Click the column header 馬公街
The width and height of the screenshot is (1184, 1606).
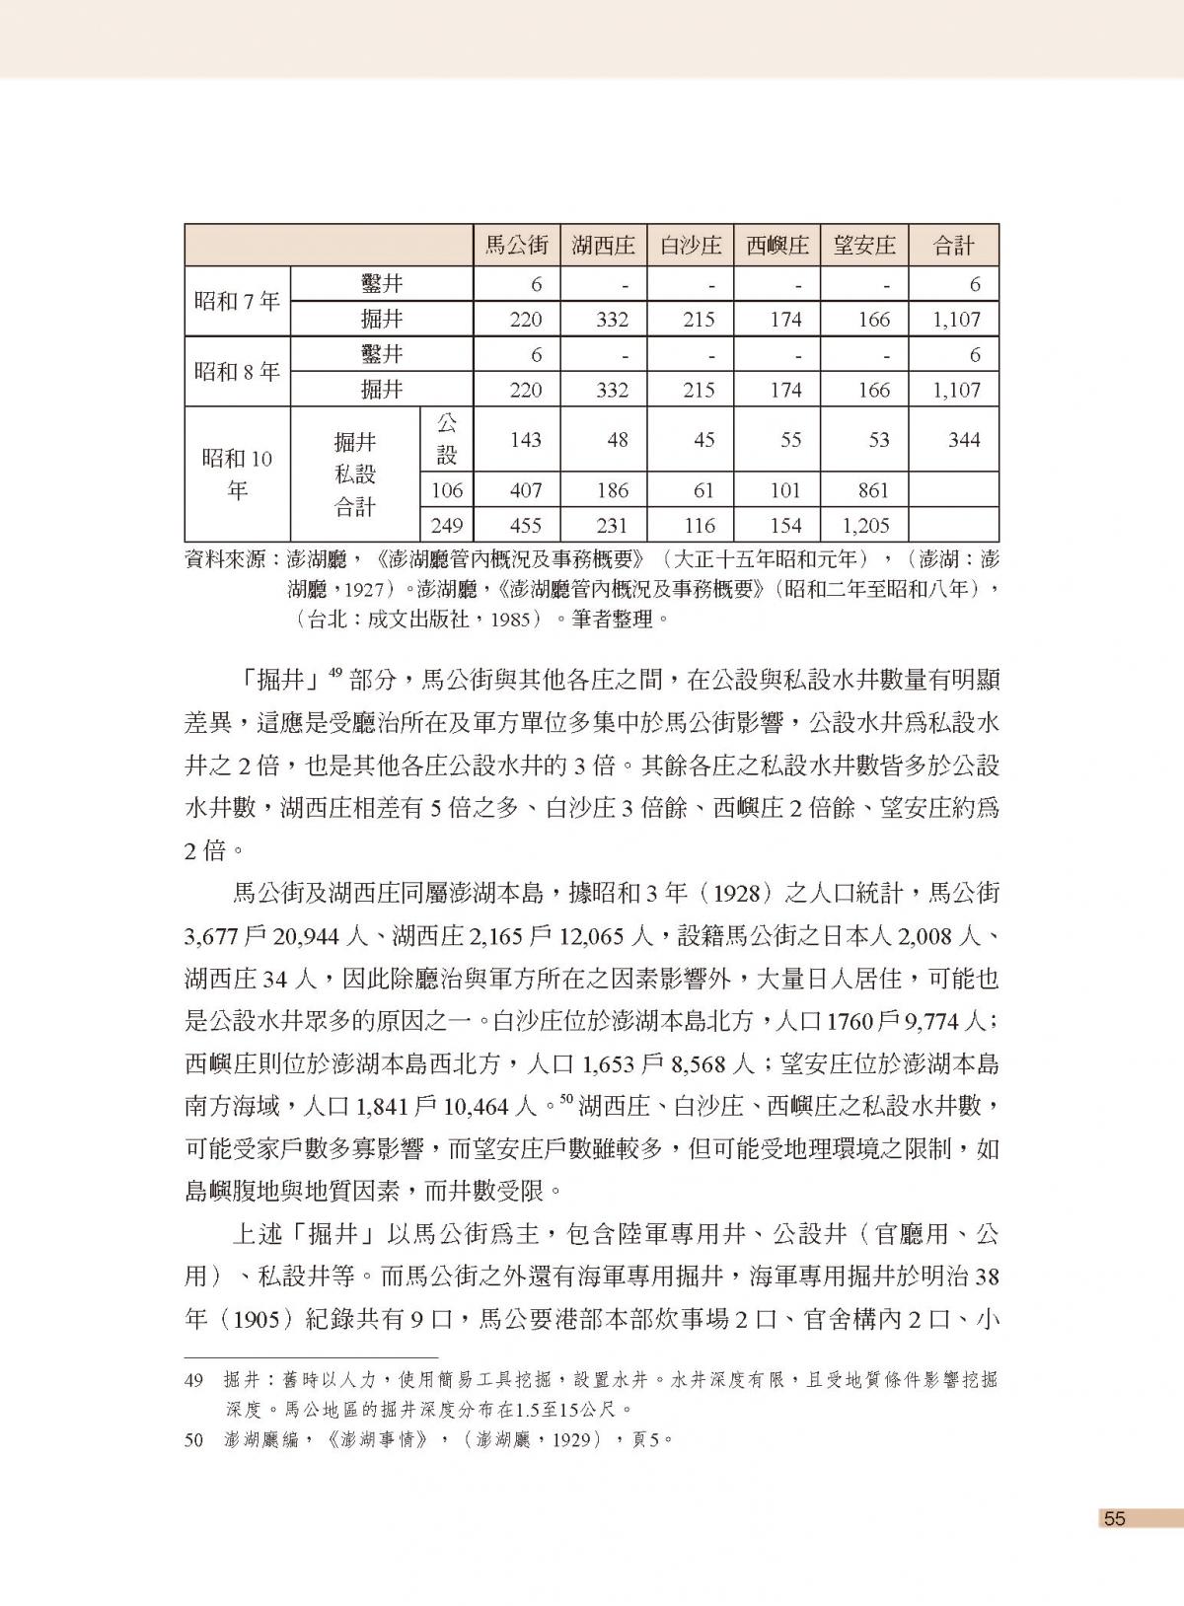click(x=516, y=246)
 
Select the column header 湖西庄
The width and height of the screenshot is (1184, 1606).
click(x=603, y=246)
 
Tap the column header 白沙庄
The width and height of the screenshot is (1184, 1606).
click(x=690, y=246)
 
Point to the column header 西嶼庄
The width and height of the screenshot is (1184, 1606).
click(x=777, y=246)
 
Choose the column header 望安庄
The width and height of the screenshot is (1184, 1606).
click(x=864, y=246)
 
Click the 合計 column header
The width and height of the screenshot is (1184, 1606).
click(x=953, y=246)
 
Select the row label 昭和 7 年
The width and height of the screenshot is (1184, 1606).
click(x=237, y=302)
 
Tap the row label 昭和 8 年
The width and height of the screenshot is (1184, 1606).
click(x=237, y=372)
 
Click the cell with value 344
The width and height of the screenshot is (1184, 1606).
click(x=963, y=440)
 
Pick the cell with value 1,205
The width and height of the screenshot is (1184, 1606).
click(x=865, y=525)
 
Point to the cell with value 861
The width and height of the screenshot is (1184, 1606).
click(x=873, y=490)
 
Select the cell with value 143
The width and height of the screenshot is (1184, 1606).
click(x=525, y=440)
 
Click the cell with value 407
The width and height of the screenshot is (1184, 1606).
click(x=525, y=490)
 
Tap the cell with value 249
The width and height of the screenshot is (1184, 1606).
click(x=447, y=525)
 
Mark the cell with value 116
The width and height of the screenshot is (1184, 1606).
click(x=699, y=525)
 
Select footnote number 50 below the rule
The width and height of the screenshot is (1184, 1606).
click(x=194, y=1440)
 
